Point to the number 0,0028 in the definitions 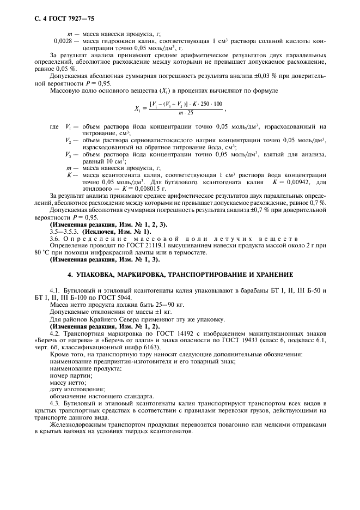point(64,41)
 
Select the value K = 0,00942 point(294,181)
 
